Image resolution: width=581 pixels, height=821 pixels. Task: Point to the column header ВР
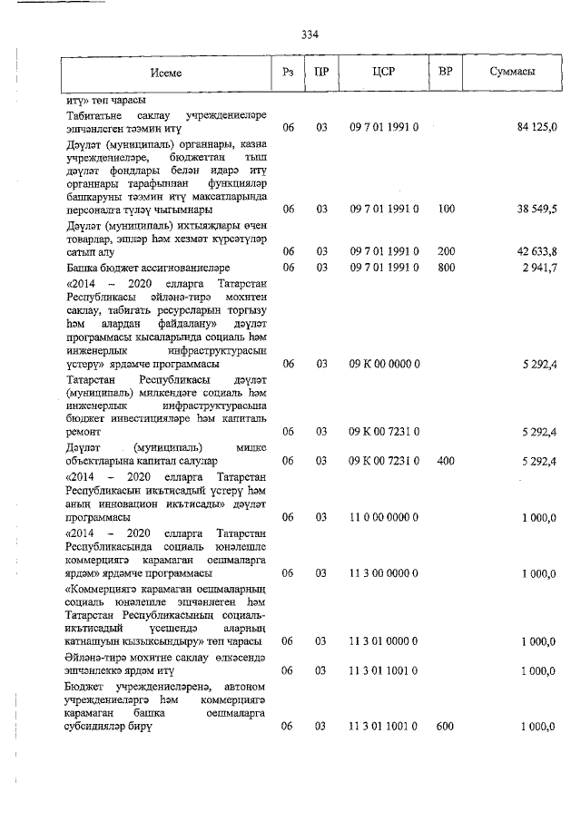point(445,73)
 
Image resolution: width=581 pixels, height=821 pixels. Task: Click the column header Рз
point(288,73)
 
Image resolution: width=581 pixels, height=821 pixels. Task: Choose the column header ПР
point(320,73)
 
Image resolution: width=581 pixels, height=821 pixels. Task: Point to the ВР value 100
point(445,210)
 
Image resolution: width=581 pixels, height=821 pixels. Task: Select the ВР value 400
point(445,461)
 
